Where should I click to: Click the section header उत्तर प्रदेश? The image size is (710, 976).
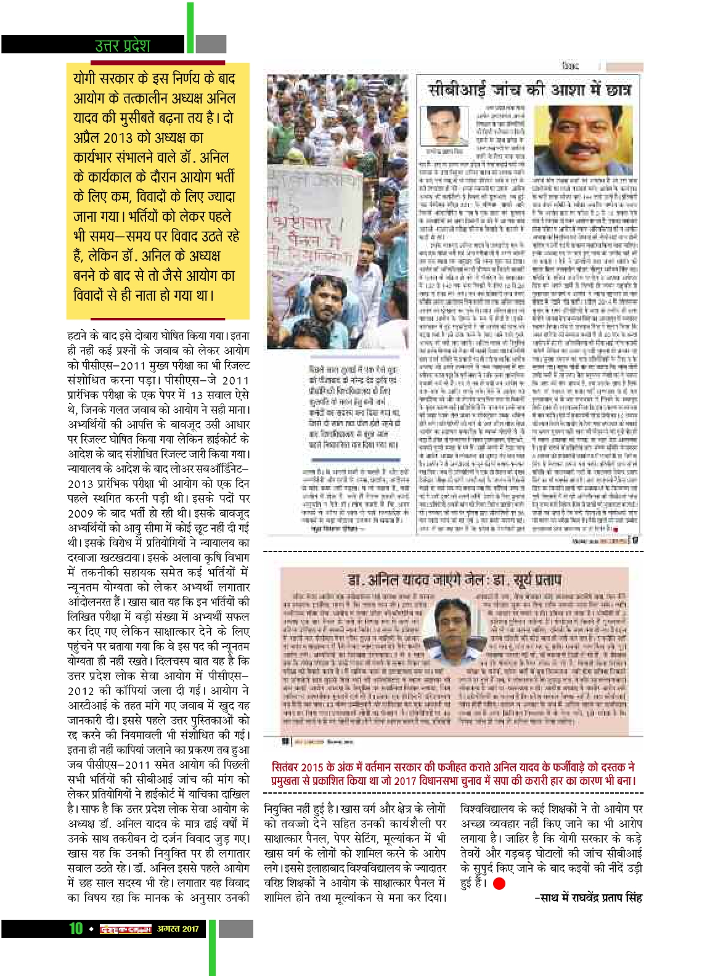tap(123, 45)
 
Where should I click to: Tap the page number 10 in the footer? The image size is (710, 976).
tap(76, 929)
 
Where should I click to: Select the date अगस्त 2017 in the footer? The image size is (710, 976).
tap(178, 929)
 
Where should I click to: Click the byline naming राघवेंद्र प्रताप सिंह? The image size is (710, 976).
tap(588, 898)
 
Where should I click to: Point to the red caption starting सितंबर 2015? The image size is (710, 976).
tap(453, 774)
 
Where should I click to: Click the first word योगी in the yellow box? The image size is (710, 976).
tap(84, 78)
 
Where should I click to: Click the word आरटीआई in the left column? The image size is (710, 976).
tap(90, 706)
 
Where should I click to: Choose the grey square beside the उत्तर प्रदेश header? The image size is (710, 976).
tap(211, 44)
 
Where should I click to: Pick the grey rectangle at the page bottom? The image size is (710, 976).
tap(235, 929)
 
